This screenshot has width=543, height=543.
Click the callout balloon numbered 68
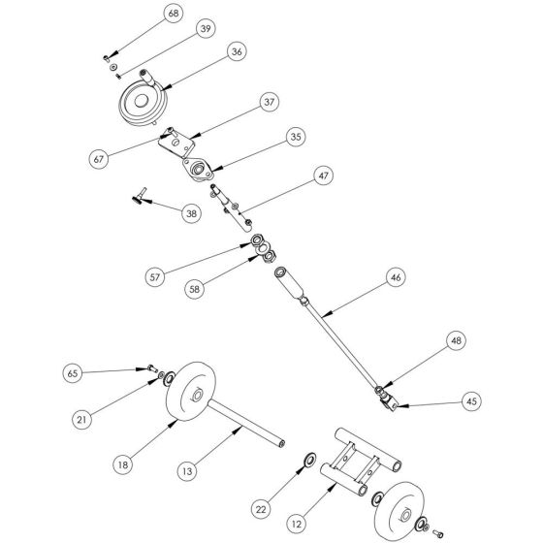tap(174, 14)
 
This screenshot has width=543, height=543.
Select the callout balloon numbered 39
tap(206, 30)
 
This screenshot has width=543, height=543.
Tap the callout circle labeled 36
tap(234, 51)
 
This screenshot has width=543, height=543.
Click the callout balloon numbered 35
tap(296, 139)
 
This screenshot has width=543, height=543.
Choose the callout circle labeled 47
tap(324, 176)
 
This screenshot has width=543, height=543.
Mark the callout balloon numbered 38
tap(192, 211)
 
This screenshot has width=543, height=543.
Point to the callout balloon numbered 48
tap(457, 340)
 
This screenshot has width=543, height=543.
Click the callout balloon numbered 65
tap(73, 372)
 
